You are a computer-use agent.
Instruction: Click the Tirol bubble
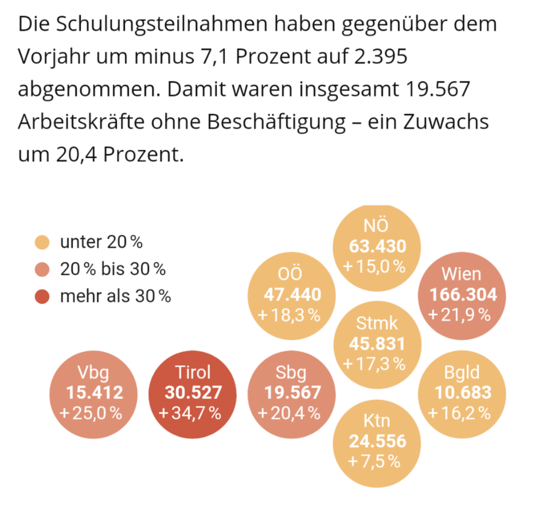tap(192, 394)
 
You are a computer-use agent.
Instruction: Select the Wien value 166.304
tap(463, 295)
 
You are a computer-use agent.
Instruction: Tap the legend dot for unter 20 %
tap(42, 242)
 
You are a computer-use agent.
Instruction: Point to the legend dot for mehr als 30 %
tap(42, 296)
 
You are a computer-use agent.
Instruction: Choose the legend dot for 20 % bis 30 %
tap(42, 269)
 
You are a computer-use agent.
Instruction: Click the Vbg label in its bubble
tap(93, 372)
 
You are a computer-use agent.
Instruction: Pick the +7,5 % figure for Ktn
tap(374, 461)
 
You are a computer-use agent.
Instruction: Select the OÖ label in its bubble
tap(290, 274)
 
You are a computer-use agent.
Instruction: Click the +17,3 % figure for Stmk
tap(374, 364)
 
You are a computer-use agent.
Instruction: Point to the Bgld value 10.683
tap(463, 392)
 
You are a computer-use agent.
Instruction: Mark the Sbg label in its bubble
tap(291, 372)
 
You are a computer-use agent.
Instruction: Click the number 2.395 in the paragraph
tap(381, 57)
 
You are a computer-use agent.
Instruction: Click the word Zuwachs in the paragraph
tap(446, 122)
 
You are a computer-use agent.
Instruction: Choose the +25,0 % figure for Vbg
tap(91, 413)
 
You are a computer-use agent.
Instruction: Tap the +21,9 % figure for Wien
tap(460, 315)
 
